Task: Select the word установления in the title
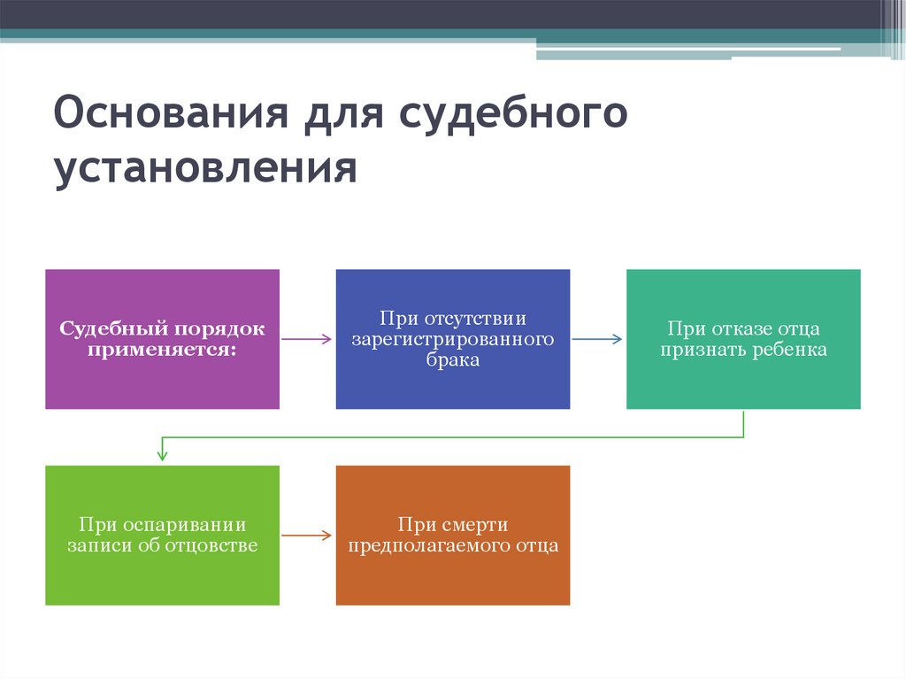click(205, 168)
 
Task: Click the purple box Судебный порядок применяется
click(162, 339)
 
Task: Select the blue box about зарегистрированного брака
click(453, 339)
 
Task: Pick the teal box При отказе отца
click(743, 339)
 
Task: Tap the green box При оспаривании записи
click(162, 536)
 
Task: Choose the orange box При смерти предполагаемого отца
click(453, 536)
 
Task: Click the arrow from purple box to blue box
click(307, 339)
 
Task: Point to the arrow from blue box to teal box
click(597, 339)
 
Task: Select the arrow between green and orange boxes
click(307, 536)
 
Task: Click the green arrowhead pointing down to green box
click(162, 455)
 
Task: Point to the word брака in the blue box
click(453, 360)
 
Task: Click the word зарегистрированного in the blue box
click(453, 339)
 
